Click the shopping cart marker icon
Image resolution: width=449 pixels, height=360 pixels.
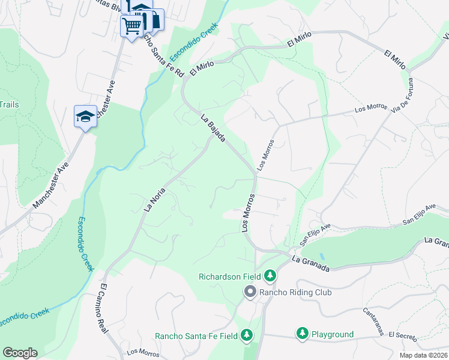131,25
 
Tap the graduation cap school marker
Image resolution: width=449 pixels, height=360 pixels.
85,116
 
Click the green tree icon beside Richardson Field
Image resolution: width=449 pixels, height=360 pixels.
270,276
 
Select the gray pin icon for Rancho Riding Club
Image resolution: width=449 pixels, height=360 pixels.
250,292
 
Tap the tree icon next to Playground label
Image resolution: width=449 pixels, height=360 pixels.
302,334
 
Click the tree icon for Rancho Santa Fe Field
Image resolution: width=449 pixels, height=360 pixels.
246,336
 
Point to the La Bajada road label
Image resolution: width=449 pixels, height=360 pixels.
213,128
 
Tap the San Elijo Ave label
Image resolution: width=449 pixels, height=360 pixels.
316,233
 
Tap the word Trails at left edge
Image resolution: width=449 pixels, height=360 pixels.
9,104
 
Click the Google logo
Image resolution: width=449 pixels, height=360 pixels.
19,353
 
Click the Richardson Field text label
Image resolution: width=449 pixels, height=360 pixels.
230,277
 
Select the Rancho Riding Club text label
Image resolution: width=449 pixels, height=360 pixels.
291,292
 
